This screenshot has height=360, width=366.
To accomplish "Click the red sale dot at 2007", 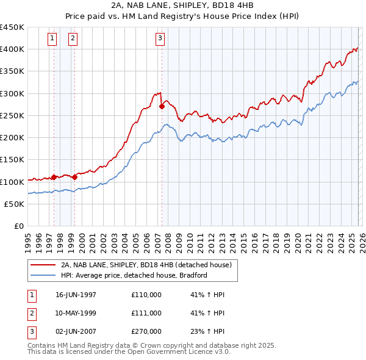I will pos(162,106).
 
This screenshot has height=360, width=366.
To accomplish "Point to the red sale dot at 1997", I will pos(54,177).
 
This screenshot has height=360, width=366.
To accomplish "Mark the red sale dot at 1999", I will pos(74,177).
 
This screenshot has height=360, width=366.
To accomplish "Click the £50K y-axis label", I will pos(15,204).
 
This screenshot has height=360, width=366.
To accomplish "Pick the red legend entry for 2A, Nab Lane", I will pos(146,265).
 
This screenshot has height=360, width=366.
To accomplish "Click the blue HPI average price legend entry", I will pos(134,275).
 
